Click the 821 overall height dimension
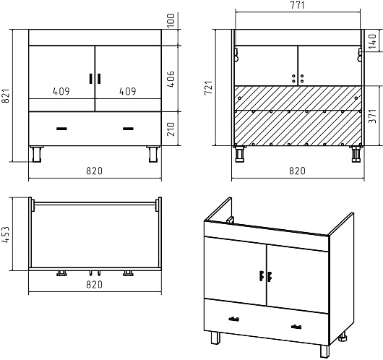(6, 95)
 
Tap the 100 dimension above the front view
(171, 20)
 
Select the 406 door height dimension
(171, 79)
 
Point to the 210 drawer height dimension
(171, 129)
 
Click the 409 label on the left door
(61, 91)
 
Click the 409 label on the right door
(128, 91)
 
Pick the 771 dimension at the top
(298, 5)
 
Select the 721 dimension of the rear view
(209, 87)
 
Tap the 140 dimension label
(372, 41)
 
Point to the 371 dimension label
(372, 116)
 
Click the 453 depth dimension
(6, 235)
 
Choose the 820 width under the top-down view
(94, 285)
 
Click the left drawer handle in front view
(62, 129)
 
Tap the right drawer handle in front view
(128, 129)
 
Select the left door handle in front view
(91, 79)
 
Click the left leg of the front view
(37, 154)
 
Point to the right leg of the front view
(153, 154)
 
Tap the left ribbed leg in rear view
(239, 154)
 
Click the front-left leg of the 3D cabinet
(215, 338)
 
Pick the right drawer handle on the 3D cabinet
(296, 327)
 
